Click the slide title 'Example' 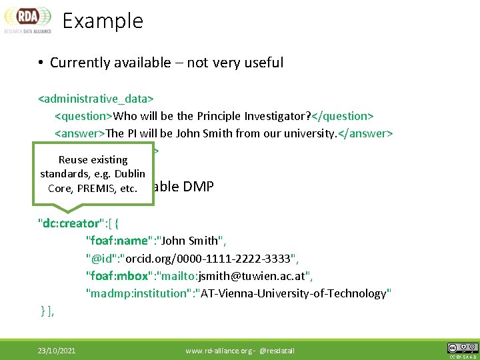point(103,21)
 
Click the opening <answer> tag point(79,133)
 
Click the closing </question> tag point(338,117)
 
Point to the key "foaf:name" point(114,241)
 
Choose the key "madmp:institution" point(137,293)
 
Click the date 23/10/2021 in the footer point(57,350)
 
